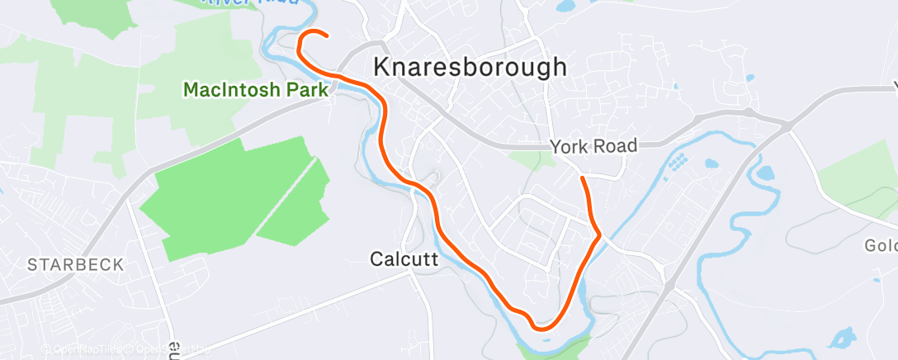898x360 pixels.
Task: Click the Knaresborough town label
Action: (470, 67)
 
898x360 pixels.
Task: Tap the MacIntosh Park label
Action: (255, 89)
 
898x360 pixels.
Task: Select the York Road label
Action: (593, 146)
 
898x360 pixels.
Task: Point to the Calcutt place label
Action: (403, 259)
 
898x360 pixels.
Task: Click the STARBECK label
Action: (75, 265)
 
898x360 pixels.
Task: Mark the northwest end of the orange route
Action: (328, 36)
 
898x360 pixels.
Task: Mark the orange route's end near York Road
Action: (583, 178)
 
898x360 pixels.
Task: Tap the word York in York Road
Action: (570, 146)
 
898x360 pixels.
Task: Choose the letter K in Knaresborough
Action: (382, 67)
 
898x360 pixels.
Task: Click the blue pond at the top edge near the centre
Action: (565, 7)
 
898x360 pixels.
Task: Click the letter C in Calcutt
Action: (376, 259)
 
